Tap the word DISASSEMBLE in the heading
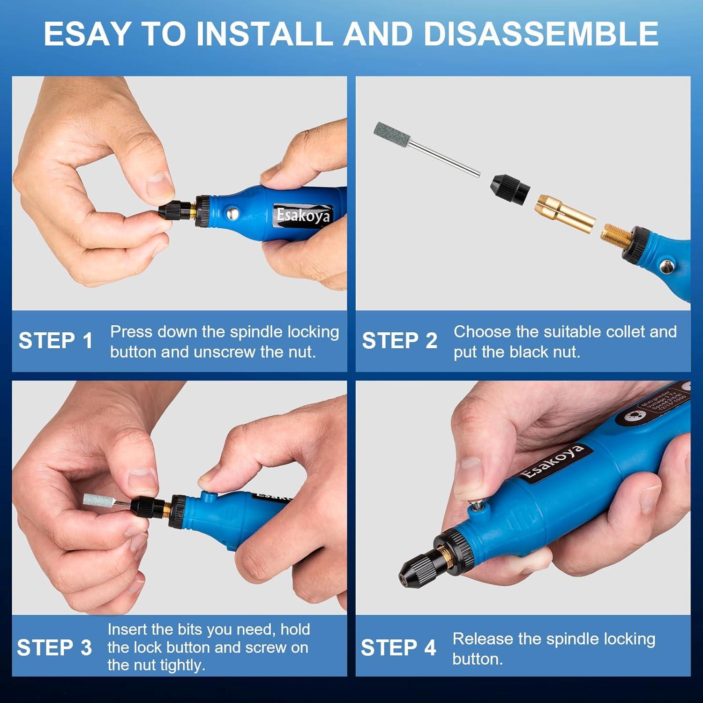(x=540, y=34)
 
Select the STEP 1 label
(x=56, y=341)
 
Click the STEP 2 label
(x=399, y=341)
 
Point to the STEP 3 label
(x=54, y=648)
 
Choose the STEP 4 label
(x=398, y=648)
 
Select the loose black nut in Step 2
(x=511, y=187)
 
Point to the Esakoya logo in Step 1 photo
(x=303, y=216)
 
